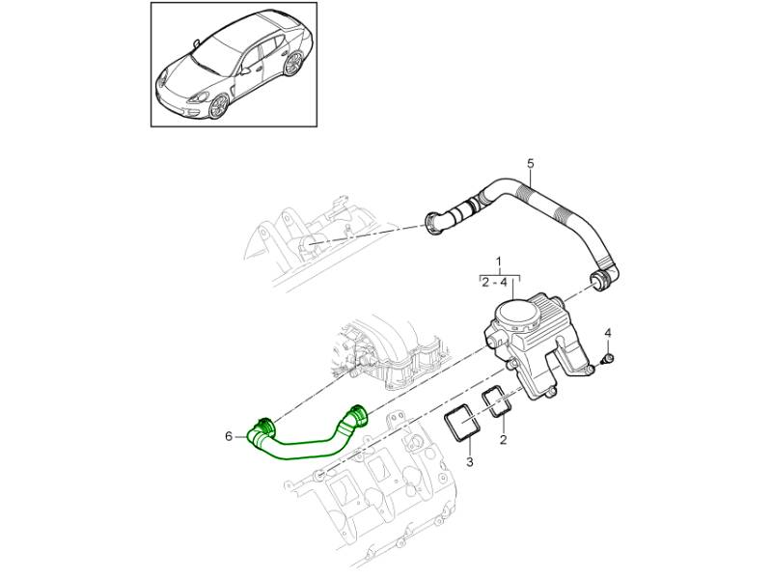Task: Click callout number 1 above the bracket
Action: [x=499, y=260]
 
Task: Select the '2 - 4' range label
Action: [x=494, y=282]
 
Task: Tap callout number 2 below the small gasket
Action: [x=503, y=439]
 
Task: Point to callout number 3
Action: [x=469, y=462]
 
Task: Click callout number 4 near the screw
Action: [x=608, y=333]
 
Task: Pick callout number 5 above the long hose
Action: [x=530, y=163]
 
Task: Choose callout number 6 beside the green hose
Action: [x=228, y=436]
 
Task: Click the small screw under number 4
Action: [x=609, y=358]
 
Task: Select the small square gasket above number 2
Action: [x=497, y=401]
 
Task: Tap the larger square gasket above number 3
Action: [x=461, y=423]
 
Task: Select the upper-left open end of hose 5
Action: [x=432, y=224]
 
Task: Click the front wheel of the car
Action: [x=219, y=106]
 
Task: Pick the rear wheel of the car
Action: [x=293, y=65]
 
